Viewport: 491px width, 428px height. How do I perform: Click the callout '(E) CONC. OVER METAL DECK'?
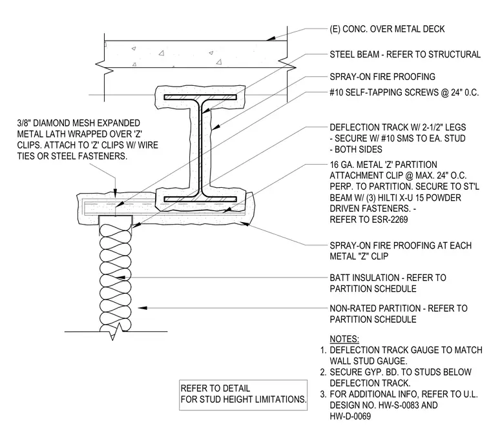[x=387, y=29]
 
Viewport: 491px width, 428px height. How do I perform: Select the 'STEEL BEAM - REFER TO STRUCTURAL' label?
[x=405, y=54]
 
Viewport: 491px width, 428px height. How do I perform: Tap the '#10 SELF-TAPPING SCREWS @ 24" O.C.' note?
[x=404, y=92]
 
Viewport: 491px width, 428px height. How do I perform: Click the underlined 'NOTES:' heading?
[x=344, y=339]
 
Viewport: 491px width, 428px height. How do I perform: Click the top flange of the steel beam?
[x=200, y=97]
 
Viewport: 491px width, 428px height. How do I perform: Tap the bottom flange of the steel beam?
[x=200, y=199]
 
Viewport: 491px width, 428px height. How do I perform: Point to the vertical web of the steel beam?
[x=200, y=148]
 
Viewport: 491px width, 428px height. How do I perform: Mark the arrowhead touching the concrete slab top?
[x=271, y=39]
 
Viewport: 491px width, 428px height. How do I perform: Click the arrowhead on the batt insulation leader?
[x=121, y=278]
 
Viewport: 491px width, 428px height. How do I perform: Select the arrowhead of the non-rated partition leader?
[x=143, y=308]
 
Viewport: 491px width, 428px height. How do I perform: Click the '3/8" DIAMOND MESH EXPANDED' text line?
[x=79, y=123]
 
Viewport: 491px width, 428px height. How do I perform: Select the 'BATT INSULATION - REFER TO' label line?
[x=388, y=278]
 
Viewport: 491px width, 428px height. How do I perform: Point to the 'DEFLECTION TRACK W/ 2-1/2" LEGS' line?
[x=398, y=127]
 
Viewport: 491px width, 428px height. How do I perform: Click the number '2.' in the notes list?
[x=324, y=372]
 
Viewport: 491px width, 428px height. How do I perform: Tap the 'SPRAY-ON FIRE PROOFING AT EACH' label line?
[x=401, y=245]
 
